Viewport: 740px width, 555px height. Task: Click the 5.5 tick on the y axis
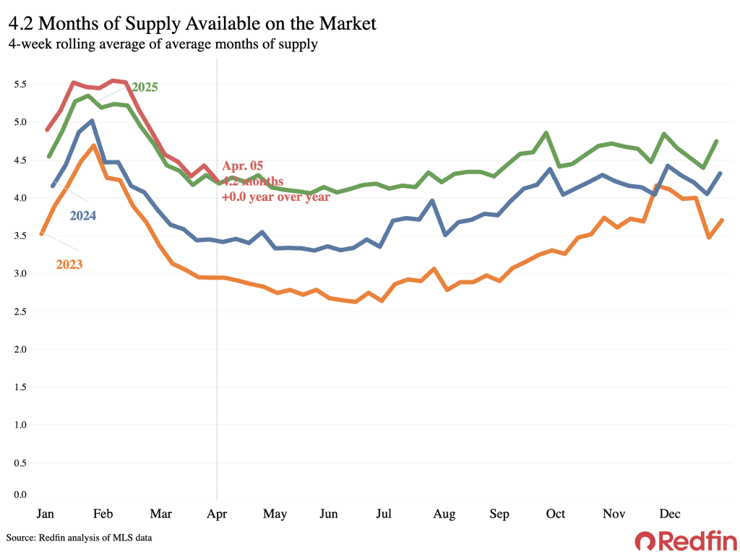[x=20, y=85]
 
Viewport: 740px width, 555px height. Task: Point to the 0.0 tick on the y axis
[x=20, y=495]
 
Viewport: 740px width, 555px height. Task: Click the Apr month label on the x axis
[x=218, y=514]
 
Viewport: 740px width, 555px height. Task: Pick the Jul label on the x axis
[x=384, y=514]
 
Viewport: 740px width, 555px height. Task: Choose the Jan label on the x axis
[x=45, y=514]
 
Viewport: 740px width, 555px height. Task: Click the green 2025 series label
[x=145, y=87]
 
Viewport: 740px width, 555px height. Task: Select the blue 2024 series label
[x=83, y=215]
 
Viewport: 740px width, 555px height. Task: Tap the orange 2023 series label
[x=69, y=264]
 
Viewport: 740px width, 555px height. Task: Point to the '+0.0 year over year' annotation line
[x=276, y=196]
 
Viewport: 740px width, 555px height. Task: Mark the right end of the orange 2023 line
[x=722, y=220]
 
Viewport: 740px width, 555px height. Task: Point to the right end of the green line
[x=715, y=142]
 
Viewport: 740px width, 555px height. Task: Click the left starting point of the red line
[x=47, y=130]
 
